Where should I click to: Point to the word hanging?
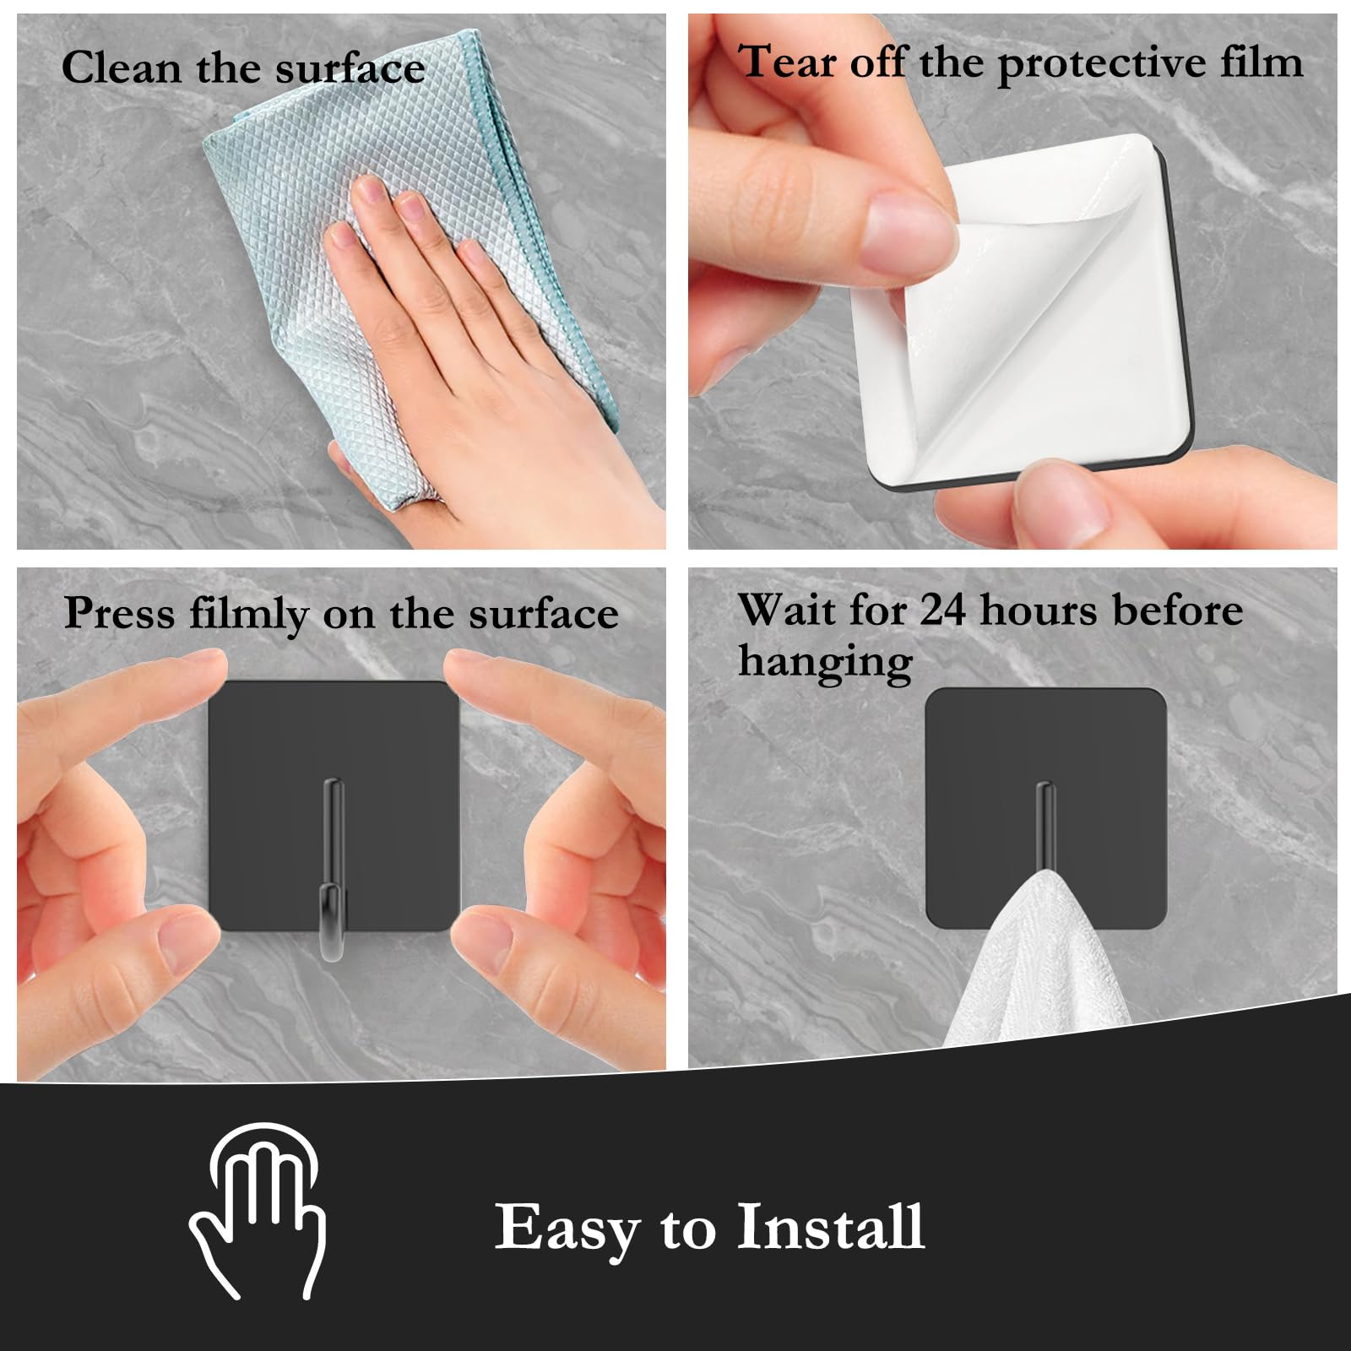coord(825,662)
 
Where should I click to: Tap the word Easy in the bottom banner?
coord(567,1230)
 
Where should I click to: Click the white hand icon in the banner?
coord(258,1208)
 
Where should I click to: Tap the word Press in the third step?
coord(120,614)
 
